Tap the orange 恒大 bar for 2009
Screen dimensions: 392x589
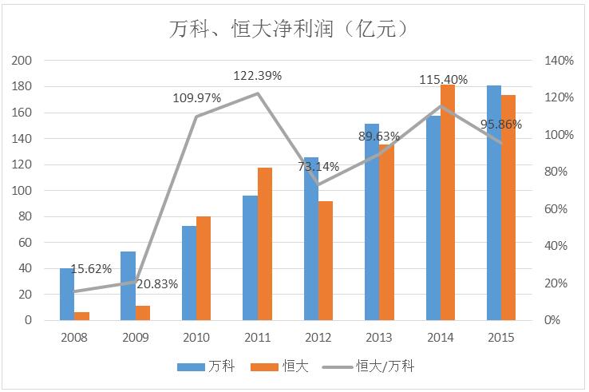tap(142, 313)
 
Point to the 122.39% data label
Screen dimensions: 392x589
tap(258, 76)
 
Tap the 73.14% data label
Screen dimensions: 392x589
tap(318, 167)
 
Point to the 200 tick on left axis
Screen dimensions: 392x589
tap(23, 61)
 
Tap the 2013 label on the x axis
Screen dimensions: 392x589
tap(379, 338)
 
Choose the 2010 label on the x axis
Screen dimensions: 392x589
tap(196, 338)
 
